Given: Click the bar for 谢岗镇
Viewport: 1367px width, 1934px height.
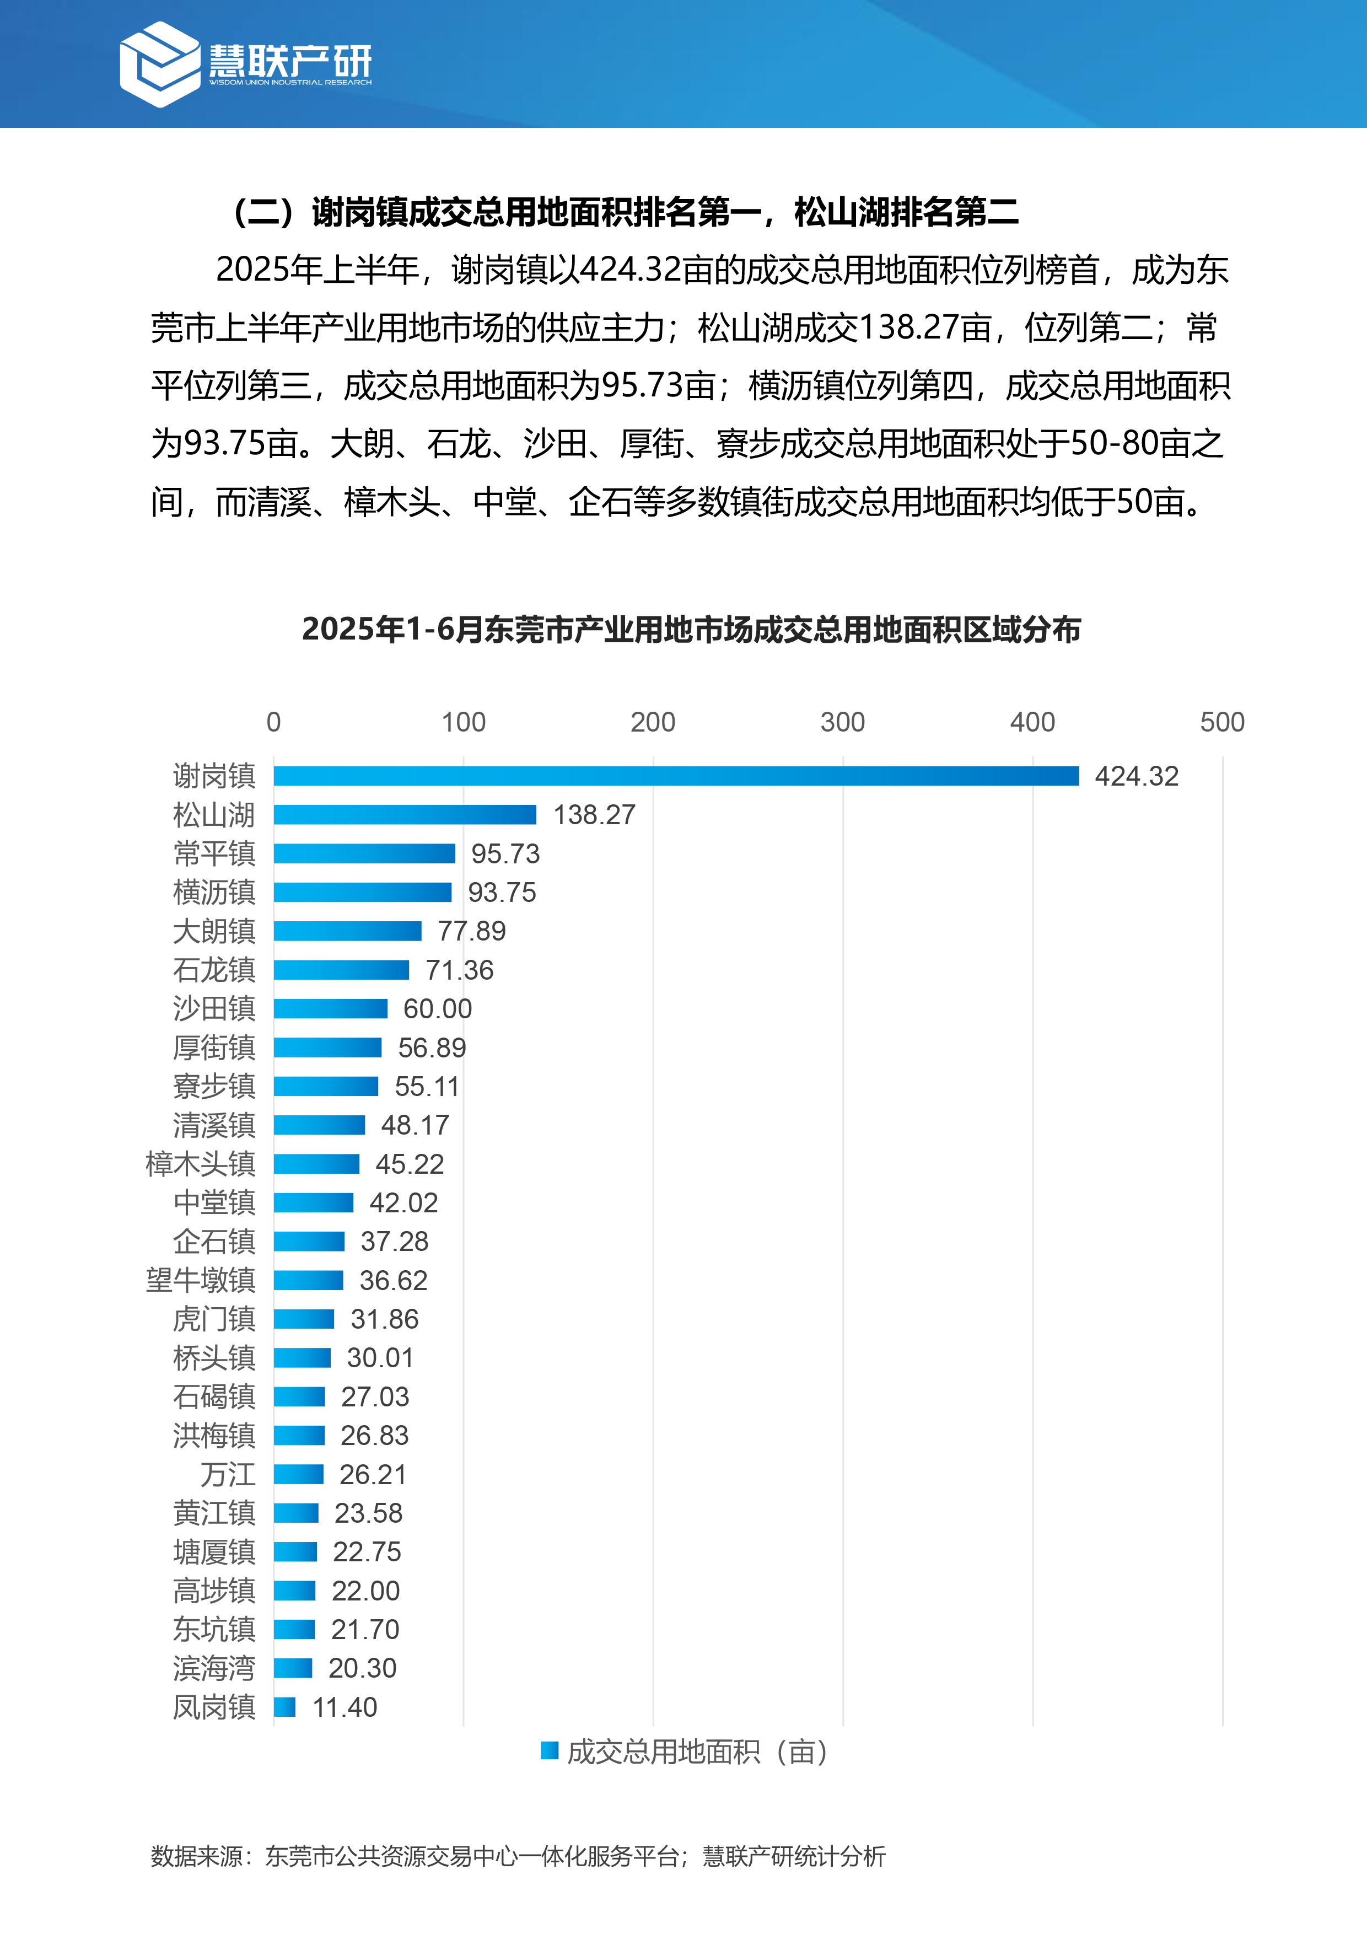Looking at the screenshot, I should (x=675, y=776).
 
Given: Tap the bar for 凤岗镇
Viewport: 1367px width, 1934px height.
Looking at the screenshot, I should (x=284, y=1706).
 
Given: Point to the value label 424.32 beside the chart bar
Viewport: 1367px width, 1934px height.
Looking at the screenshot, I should (x=1136, y=776).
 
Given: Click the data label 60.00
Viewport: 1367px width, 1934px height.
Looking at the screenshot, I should (x=437, y=1008).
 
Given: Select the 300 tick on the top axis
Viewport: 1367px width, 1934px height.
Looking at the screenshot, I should (x=842, y=722).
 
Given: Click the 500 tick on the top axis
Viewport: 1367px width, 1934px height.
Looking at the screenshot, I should (x=1221, y=722).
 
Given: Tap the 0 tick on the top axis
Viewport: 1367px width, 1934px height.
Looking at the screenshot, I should (x=274, y=722).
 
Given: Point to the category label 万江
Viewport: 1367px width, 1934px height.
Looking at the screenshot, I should (x=228, y=1474).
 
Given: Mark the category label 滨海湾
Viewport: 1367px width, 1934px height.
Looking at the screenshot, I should (x=214, y=1668).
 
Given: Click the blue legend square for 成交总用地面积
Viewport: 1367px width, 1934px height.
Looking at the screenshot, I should (x=549, y=1750).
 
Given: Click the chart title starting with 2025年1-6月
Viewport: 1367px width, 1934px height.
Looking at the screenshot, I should (x=691, y=629).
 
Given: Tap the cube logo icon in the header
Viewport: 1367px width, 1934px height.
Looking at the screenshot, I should (x=160, y=64).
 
